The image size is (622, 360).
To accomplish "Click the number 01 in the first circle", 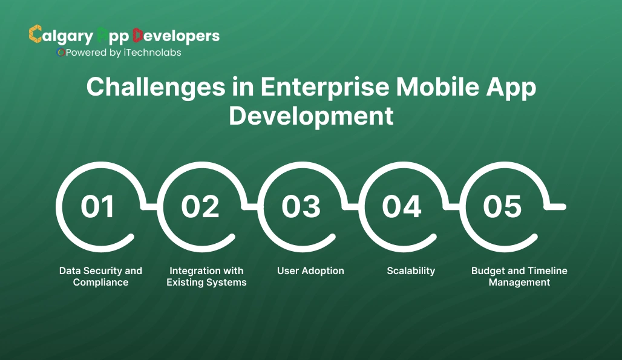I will click(x=97, y=207).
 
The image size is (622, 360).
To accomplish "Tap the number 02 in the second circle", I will click(x=200, y=207).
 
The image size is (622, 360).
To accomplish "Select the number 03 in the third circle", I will click(x=301, y=207).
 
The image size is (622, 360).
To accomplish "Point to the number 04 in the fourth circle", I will click(x=402, y=207).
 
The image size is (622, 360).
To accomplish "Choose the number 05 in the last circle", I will click(x=502, y=207).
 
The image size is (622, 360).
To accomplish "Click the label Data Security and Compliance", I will click(x=100, y=277).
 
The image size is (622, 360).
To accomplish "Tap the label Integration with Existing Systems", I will click(x=206, y=277).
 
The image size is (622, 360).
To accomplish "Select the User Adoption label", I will click(x=310, y=271).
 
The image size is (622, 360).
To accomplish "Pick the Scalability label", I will click(x=411, y=271).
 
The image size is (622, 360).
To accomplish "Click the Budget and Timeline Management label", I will click(x=519, y=277).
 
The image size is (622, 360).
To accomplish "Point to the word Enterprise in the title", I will click(x=325, y=88).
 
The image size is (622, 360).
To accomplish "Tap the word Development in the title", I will click(x=311, y=116).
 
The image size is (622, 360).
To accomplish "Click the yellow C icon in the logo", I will click(x=35, y=34).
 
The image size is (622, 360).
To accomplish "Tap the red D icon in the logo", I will click(x=137, y=35).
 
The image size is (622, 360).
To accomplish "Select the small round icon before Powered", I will click(x=60, y=53).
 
